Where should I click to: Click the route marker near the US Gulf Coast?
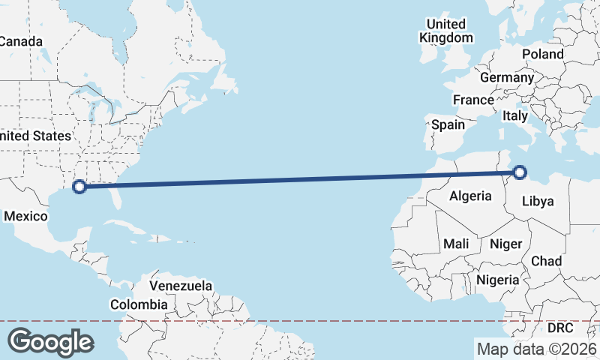[x=79, y=187]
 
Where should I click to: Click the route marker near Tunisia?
[x=519, y=172]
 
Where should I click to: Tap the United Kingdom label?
[x=446, y=31]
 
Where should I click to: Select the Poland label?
[x=543, y=54]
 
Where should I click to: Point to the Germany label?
[x=507, y=77]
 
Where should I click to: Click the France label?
[x=473, y=100]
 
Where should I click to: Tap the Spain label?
[x=448, y=124]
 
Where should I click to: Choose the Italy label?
[x=515, y=115]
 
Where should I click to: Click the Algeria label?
[x=470, y=196]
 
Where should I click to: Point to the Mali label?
[x=456, y=244]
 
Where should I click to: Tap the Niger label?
[x=505, y=244]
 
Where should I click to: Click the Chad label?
[x=546, y=260]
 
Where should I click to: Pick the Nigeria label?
[x=498, y=280]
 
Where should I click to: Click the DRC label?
[x=559, y=328]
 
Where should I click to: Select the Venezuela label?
[x=181, y=286]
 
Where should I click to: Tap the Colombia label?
[x=139, y=304]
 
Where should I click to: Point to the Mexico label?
[x=25, y=217]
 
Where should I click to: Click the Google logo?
[x=50, y=342]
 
